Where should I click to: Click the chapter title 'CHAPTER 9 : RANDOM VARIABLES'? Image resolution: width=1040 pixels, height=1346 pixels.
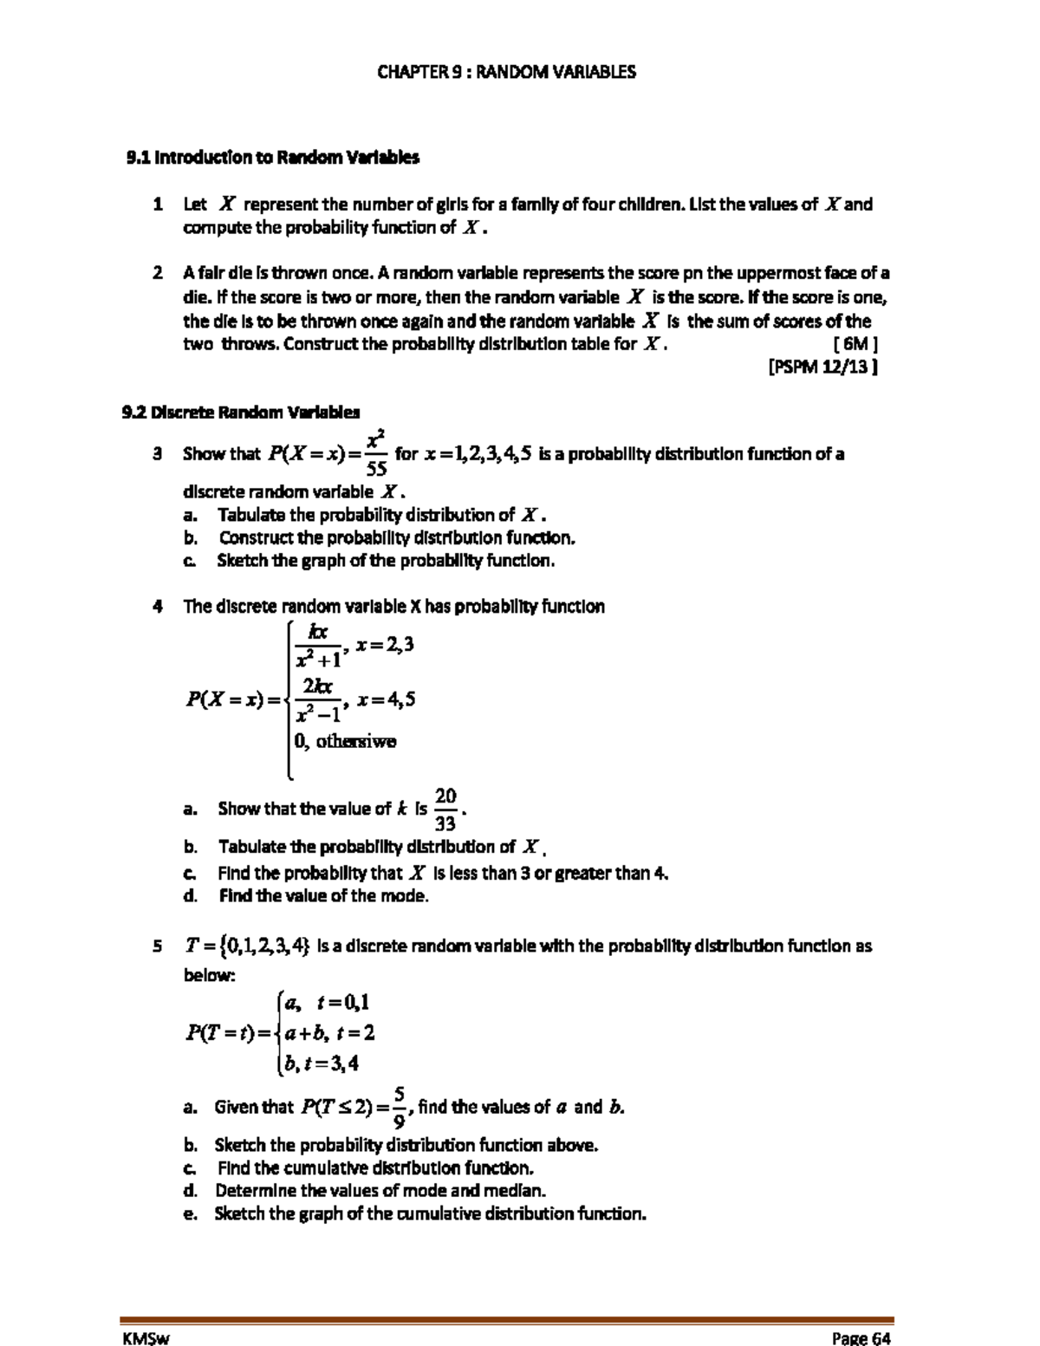506,72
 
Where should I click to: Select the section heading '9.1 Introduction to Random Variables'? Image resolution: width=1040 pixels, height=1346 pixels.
273,158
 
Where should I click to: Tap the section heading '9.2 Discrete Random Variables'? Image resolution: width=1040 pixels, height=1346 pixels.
241,412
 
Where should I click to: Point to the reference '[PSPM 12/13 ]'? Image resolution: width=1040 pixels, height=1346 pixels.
823,367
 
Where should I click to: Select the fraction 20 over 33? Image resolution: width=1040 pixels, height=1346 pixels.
445,809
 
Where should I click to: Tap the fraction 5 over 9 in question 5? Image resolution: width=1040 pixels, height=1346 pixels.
399,1107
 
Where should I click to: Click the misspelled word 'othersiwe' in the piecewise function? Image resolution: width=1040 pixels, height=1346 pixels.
355,741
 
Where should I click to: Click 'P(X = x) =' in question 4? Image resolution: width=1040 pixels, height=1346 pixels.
234,699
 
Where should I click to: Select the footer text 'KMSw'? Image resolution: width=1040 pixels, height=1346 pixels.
146,1338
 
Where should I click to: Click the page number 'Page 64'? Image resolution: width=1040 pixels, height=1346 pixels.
861,1338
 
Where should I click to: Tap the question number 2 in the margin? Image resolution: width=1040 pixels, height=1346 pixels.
157,273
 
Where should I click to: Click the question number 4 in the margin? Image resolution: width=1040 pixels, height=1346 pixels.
157,607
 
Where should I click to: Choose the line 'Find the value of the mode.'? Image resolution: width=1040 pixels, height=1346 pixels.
323,896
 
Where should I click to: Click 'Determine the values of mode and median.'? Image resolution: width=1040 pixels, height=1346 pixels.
380,1191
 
